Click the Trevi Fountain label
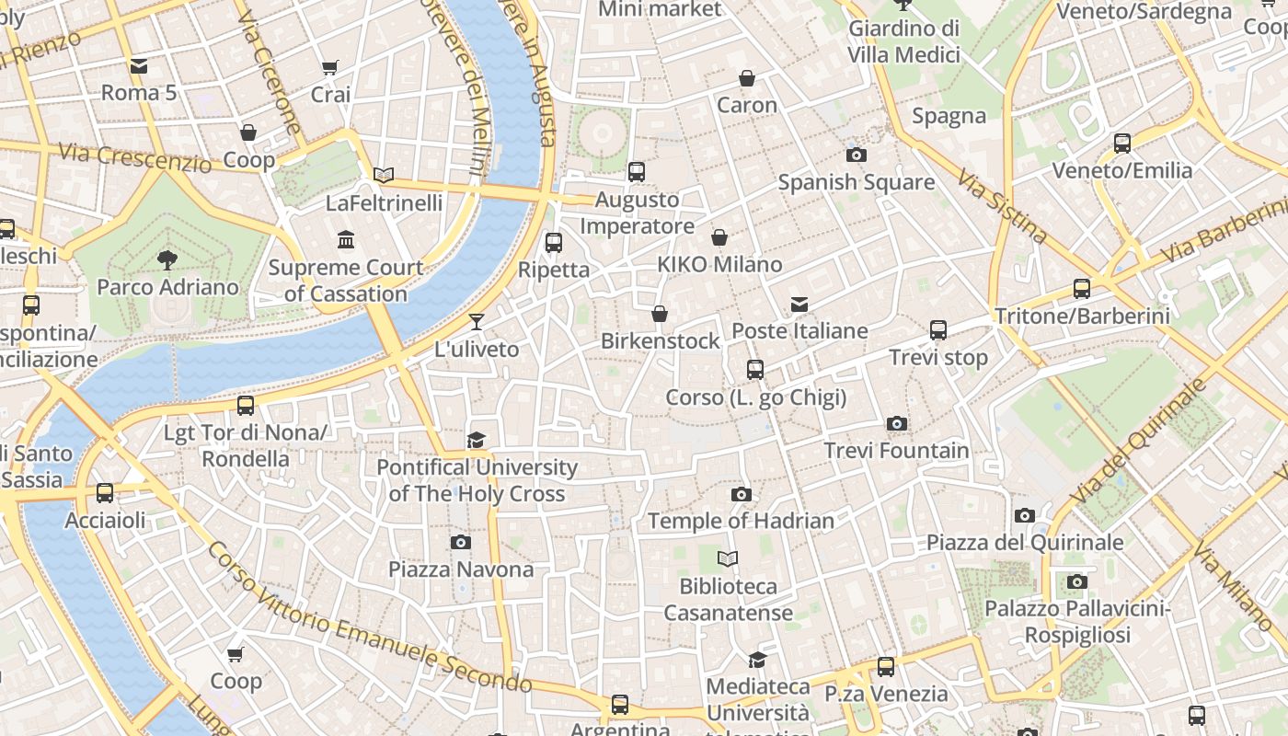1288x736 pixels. (x=896, y=451)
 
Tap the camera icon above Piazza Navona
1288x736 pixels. (x=461, y=543)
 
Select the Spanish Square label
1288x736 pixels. (x=856, y=182)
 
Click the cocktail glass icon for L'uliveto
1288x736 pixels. (x=476, y=322)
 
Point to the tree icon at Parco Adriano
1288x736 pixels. (x=167, y=260)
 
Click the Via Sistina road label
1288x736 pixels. (x=1001, y=206)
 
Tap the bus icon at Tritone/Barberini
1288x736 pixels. (x=1082, y=289)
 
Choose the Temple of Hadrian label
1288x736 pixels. (x=741, y=521)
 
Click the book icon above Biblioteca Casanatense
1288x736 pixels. (x=728, y=559)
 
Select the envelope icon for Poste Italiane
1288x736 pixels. (x=799, y=305)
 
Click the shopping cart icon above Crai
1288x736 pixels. (x=330, y=67)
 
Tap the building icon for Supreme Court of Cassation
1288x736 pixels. (x=346, y=240)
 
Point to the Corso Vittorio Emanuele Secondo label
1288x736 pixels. (x=369, y=618)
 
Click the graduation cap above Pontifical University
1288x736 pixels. (x=476, y=441)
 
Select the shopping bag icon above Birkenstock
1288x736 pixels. (x=660, y=315)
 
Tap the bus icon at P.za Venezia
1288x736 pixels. (x=885, y=667)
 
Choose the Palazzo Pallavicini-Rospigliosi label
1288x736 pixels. (x=1076, y=622)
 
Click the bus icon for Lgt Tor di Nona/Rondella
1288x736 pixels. (x=245, y=406)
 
